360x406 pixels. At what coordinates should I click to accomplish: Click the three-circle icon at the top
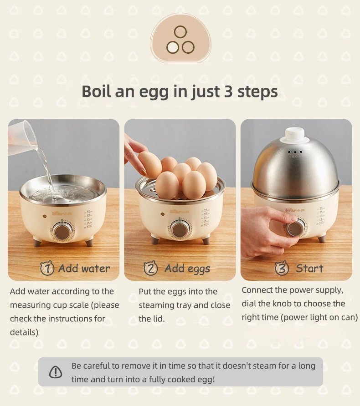180,40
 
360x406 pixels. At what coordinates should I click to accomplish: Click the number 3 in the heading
228,91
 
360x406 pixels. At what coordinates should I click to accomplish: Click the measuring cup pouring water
21,137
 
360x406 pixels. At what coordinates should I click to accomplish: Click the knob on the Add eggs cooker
179,228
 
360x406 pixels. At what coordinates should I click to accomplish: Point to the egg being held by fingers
150,164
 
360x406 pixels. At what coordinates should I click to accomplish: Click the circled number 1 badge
47,269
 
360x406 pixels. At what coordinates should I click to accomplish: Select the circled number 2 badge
151,269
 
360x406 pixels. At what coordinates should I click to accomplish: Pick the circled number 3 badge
282,269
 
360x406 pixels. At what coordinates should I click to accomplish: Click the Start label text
309,269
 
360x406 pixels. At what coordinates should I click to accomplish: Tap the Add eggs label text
187,269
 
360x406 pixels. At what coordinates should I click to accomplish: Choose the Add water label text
84,269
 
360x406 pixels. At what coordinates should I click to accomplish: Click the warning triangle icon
56,372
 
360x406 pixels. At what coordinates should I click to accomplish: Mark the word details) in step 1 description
24,332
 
